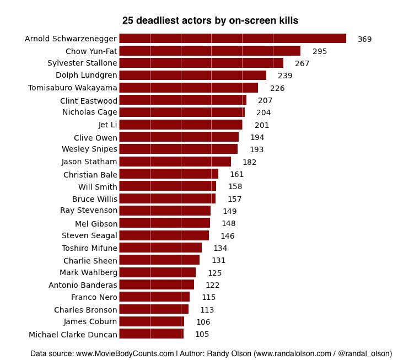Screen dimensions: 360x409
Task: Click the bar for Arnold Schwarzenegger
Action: pos(232,39)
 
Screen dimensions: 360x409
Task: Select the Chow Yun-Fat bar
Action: pos(209,51)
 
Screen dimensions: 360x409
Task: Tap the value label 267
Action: pos(302,63)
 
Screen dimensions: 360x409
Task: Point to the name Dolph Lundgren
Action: pos(87,76)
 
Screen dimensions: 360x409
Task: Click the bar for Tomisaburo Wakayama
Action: pos(189,88)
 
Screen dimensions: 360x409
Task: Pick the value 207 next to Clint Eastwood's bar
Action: pos(265,100)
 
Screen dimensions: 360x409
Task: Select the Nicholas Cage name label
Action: pos(89,112)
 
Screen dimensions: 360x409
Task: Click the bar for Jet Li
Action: pos(180,125)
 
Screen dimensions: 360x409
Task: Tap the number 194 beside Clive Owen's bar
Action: pos(257,137)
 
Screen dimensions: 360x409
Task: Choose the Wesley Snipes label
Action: pos(89,149)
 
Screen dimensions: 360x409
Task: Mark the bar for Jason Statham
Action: pos(175,162)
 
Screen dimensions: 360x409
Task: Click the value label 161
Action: pos(237,174)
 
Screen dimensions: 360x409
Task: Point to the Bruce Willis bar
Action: pos(167,198)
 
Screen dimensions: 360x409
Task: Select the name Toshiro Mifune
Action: pos(89,248)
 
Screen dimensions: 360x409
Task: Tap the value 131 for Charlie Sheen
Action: pos(219,260)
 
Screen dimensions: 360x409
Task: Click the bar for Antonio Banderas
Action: pos(157,285)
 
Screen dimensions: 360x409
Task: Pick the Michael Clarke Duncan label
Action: pos(73,335)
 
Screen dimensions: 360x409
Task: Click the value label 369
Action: pos(365,39)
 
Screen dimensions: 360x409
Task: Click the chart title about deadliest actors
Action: pos(210,20)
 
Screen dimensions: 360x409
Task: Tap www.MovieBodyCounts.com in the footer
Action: pos(125,353)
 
